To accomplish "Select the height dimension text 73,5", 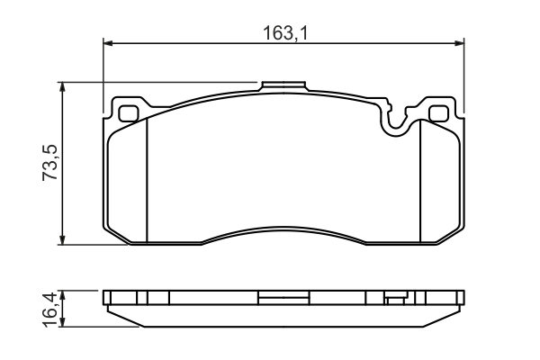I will pyautogui.click(x=51, y=163).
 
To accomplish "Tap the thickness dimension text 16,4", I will pyautogui.click(x=51, y=309).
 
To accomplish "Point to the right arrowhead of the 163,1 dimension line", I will pyautogui.click(x=460, y=42).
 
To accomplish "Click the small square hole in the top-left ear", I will pyautogui.click(x=129, y=114).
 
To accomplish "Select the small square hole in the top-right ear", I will pyautogui.click(x=438, y=114).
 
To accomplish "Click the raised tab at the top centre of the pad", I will pyautogui.click(x=284, y=87).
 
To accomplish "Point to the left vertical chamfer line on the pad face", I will pyautogui.click(x=147, y=180).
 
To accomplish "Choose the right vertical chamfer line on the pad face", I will pyautogui.click(x=421, y=180).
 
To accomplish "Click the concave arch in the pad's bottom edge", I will pyautogui.click(x=284, y=229).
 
